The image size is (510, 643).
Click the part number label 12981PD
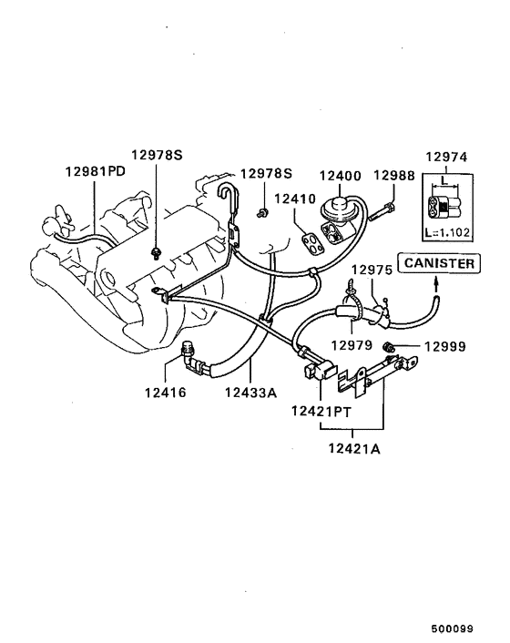(x=96, y=172)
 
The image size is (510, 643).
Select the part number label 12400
(x=340, y=175)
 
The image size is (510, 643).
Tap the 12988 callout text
(x=394, y=175)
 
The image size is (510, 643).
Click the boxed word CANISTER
(x=439, y=263)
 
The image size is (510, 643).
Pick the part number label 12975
(x=372, y=270)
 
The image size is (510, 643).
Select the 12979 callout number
(x=352, y=344)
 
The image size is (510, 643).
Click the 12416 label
(x=164, y=393)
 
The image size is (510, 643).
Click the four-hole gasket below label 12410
(x=312, y=239)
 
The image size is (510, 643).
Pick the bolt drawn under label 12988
(x=382, y=213)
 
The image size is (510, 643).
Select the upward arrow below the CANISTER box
(x=434, y=285)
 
